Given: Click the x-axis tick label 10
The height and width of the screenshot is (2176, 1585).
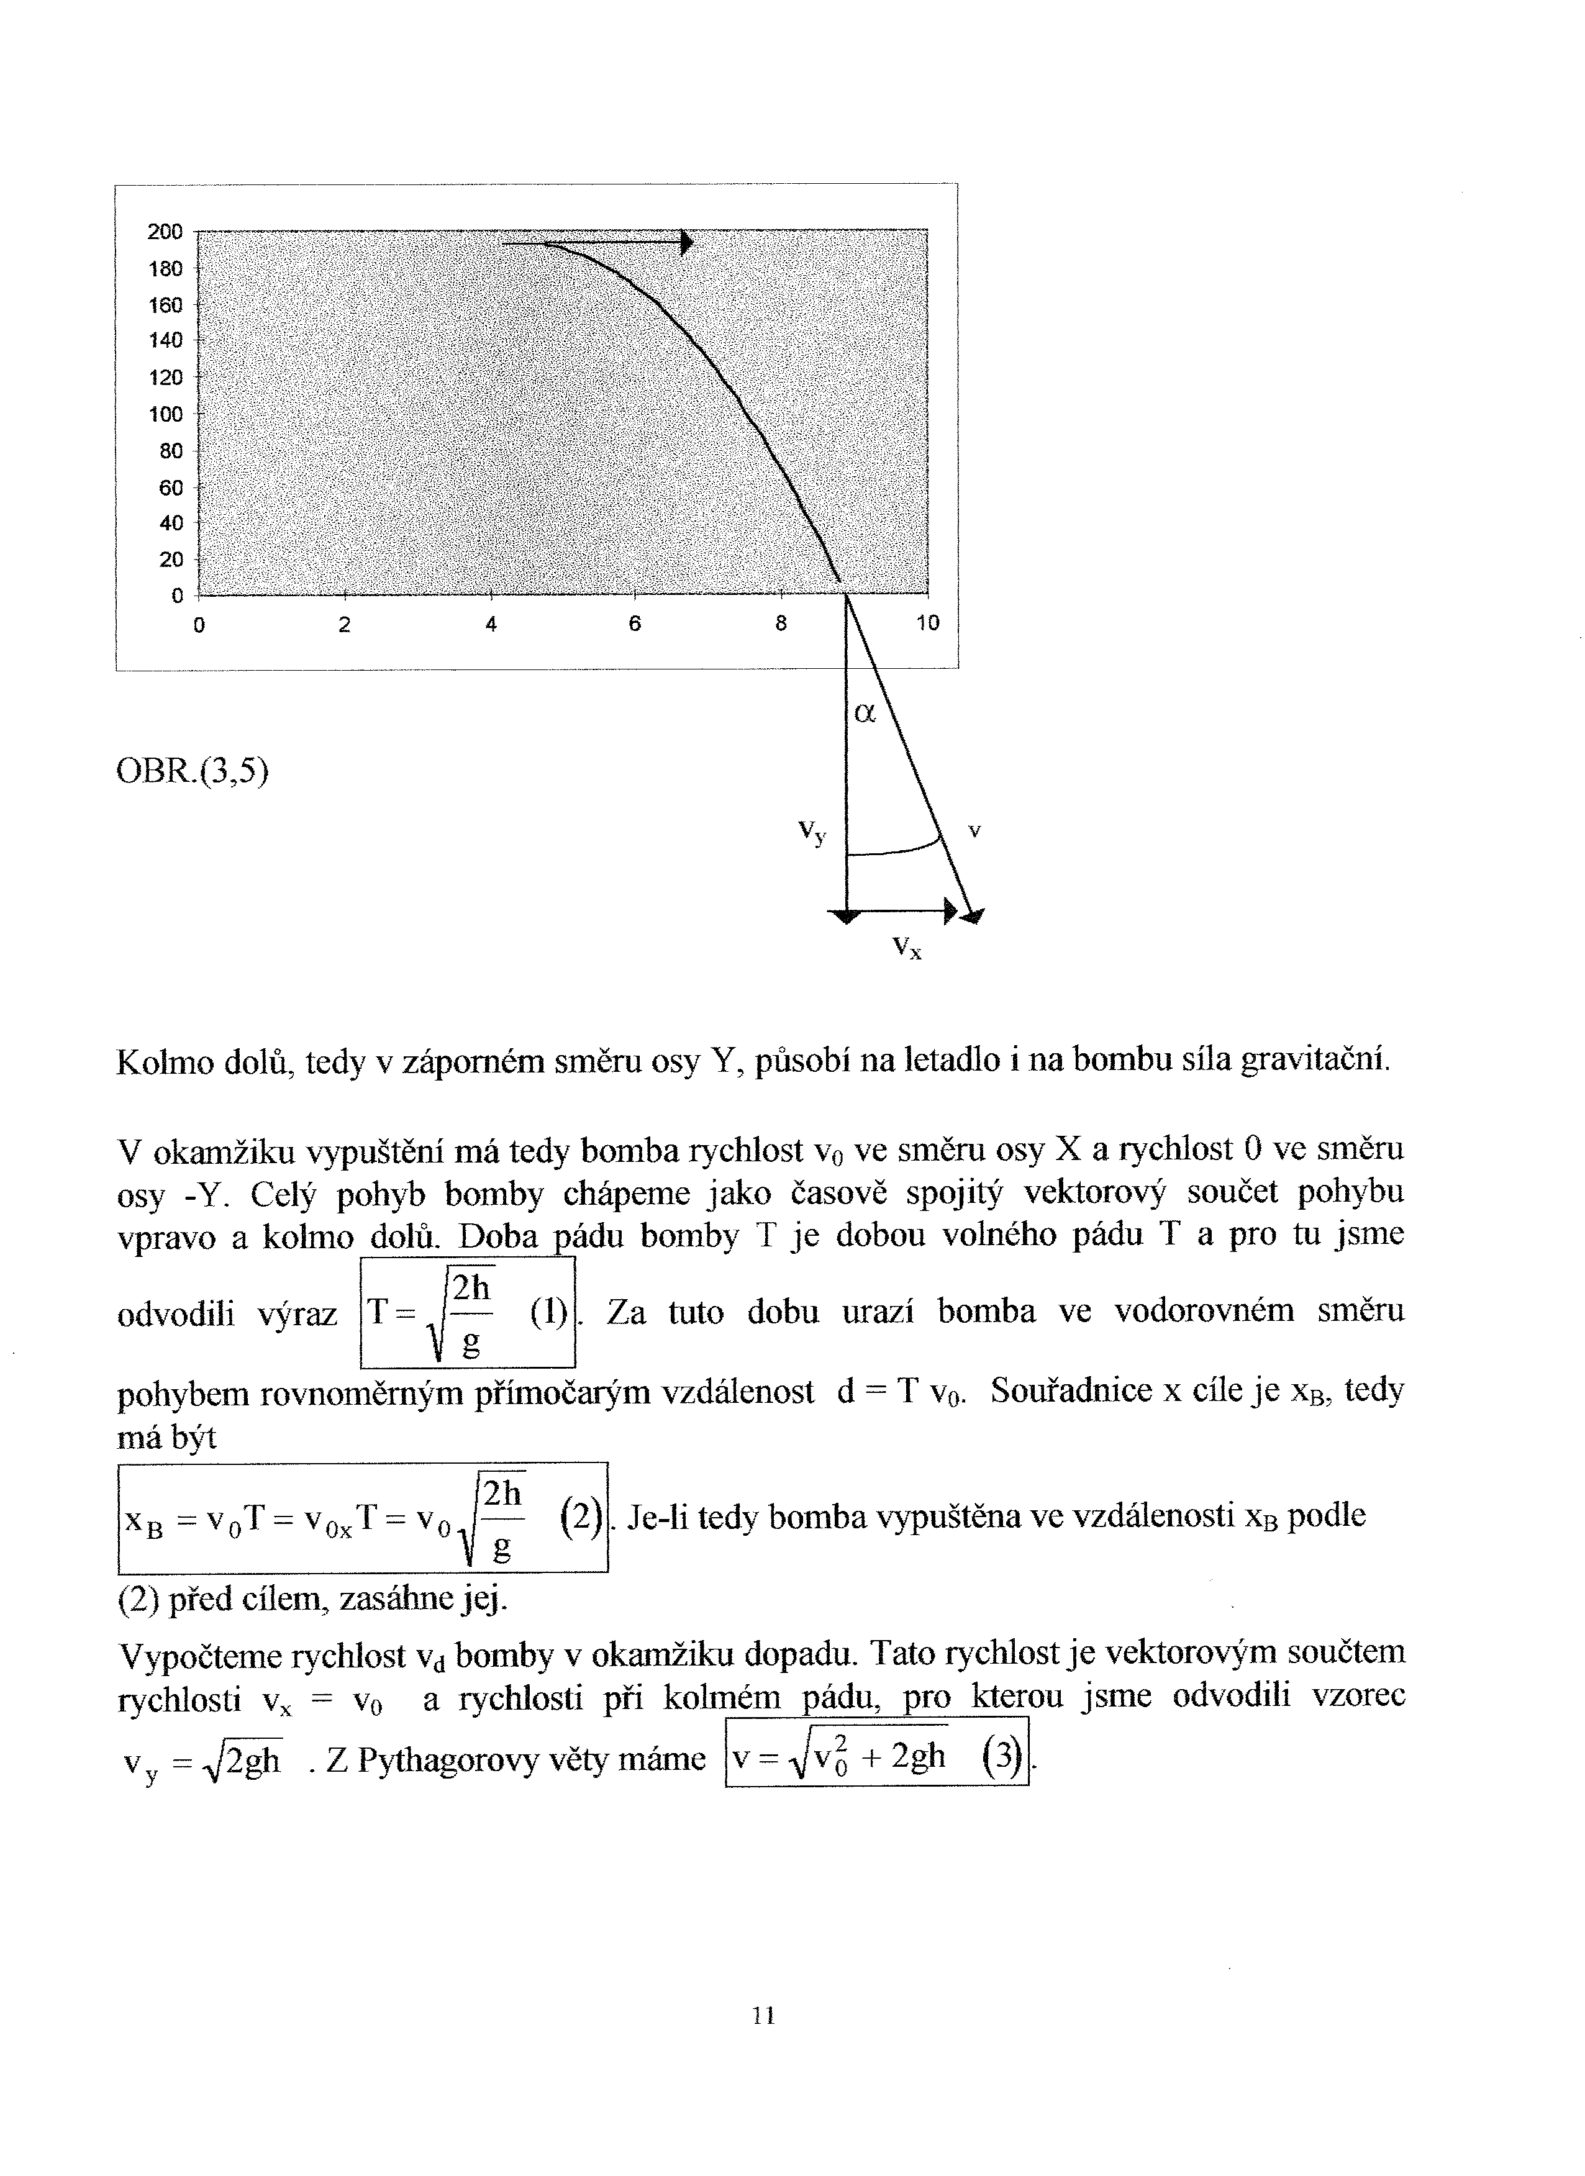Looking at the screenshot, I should [x=927, y=623].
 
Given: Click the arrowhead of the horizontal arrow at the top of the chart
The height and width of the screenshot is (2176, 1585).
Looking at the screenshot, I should [x=686, y=243].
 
